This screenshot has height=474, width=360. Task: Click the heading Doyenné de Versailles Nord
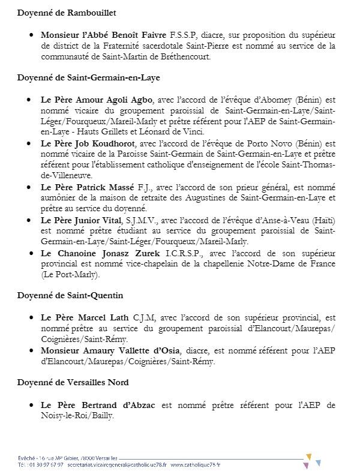point(73,383)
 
